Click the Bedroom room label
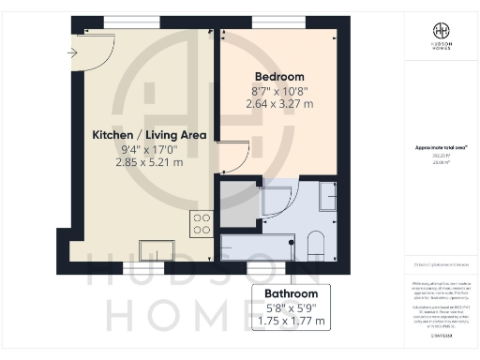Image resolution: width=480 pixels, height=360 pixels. coord(279,76)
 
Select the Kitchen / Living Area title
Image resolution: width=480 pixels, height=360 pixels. coord(149,135)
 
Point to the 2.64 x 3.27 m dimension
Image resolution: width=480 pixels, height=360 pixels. coord(279,104)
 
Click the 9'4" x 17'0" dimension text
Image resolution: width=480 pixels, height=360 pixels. coord(149,149)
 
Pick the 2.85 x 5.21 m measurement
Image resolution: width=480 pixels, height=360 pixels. coord(149,162)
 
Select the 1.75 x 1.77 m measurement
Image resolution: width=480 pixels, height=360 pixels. coord(291,321)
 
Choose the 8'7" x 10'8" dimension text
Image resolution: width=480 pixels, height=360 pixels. coord(279,90)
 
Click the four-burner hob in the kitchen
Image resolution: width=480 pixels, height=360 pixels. coord(201,223)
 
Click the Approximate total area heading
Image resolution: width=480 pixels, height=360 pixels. coord(440,147)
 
